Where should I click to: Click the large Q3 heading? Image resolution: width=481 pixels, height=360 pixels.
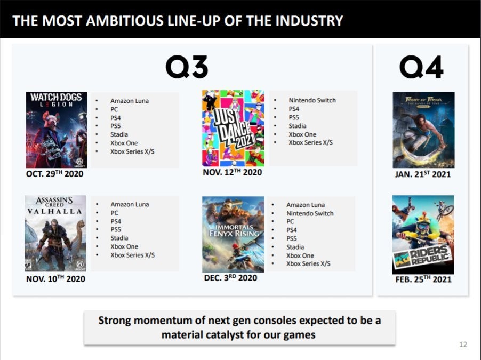[x=187, y=67]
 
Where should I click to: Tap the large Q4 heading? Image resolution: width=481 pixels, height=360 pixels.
[x=421, y=67]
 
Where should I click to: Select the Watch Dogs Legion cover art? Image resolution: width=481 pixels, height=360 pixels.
[x=57, y=130]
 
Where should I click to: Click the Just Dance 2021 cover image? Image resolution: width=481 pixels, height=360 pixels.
[x=233, y=129]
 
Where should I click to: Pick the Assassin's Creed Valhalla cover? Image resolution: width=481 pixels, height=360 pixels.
[x=55, y=234]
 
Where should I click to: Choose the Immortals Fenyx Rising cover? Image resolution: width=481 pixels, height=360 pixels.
[x=233, y=235]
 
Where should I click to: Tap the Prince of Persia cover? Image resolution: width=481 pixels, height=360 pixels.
[x=423, y=130]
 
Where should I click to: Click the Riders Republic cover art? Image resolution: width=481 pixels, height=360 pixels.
[x=423, y=235]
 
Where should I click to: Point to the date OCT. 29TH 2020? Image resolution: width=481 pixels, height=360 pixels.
[x=54, y=174]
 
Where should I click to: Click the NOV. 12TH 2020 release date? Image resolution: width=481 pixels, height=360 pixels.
[x=232, y=172]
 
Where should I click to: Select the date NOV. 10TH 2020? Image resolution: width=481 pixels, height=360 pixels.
[x=55, y=279]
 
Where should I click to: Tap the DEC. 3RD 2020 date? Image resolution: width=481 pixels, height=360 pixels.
[x=231, y=278]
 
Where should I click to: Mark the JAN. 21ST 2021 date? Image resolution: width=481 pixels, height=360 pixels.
[x=423, y=174]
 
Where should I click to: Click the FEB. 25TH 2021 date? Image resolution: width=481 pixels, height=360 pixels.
[x=423, y=279]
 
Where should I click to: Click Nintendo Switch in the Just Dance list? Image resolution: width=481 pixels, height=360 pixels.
[x=312, y=100]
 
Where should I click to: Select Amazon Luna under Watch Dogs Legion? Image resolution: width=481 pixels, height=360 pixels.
[x=130, y=101]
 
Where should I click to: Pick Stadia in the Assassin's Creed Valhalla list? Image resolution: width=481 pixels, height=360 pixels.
[x=119, y=238]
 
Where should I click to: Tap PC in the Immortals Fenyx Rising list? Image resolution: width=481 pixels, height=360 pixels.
[x=290, y=221]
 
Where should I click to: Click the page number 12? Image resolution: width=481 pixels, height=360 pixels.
[x=463, y=345]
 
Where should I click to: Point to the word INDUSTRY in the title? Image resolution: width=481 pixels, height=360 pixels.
[x=309, y=21]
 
